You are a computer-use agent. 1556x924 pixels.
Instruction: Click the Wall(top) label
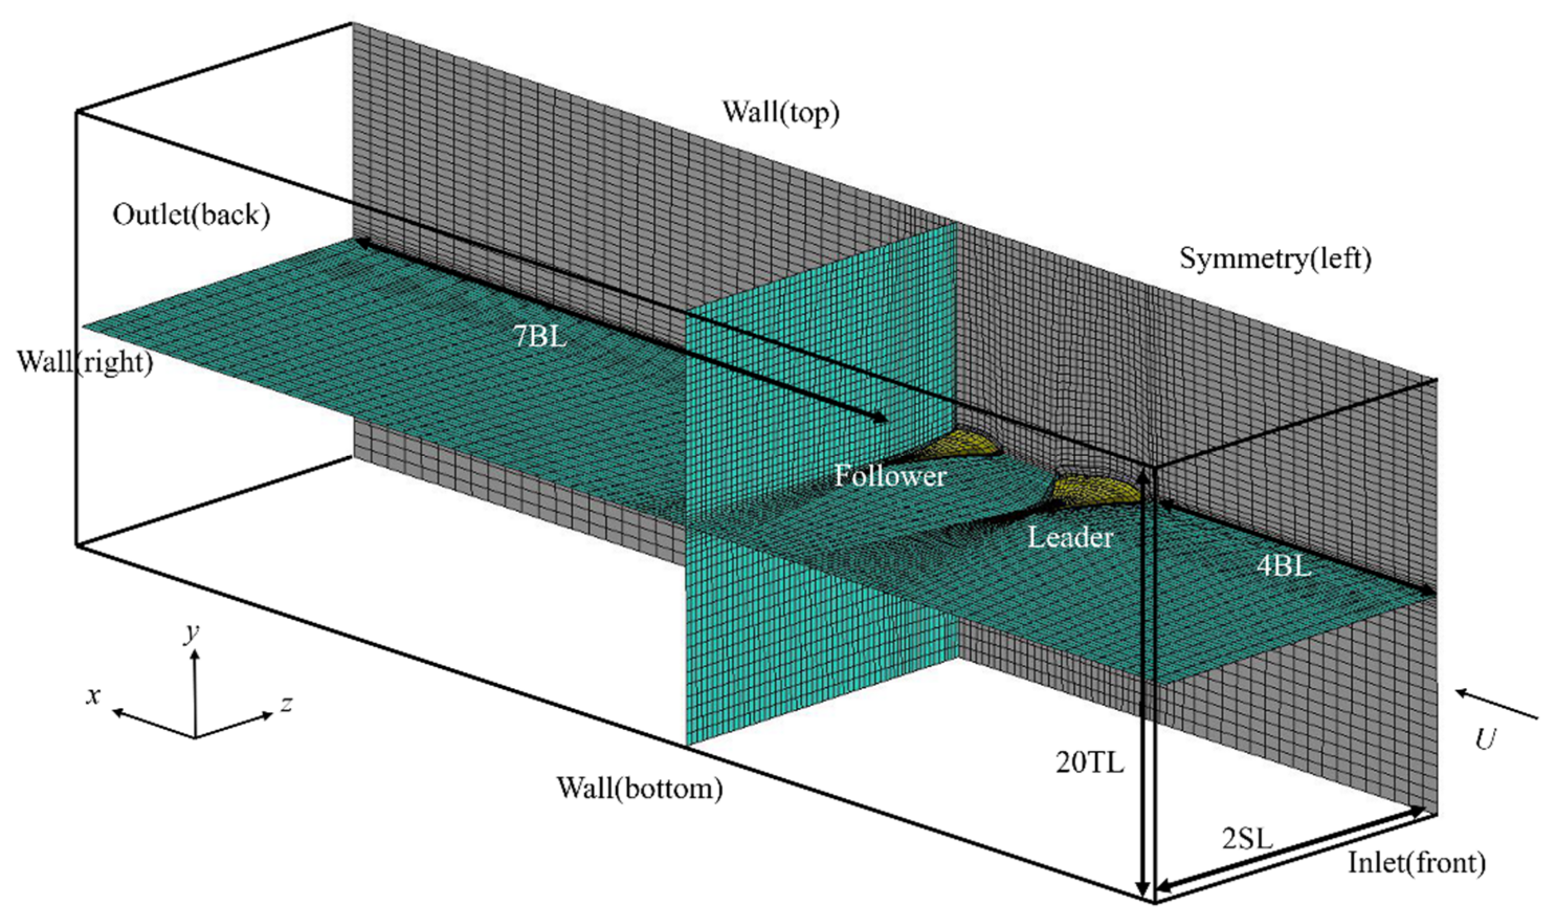[780, 113]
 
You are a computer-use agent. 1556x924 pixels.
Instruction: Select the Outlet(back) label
[191, 215]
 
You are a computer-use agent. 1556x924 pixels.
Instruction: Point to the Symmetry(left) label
[1275, 258]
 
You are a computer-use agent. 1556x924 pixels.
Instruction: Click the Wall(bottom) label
[640, 788]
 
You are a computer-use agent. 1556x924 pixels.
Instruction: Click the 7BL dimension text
[539, 337]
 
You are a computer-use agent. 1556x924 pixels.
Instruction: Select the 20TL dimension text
[1090, 762]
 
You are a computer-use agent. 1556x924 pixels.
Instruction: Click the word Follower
[890, 476]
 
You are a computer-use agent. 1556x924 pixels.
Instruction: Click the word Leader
[1070, 537]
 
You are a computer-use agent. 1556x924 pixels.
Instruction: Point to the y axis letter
[192, 633]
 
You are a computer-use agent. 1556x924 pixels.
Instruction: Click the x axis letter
[93, 695]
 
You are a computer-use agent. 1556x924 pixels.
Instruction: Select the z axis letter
[286, 703]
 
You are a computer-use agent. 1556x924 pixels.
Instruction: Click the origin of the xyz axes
[195, 737]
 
